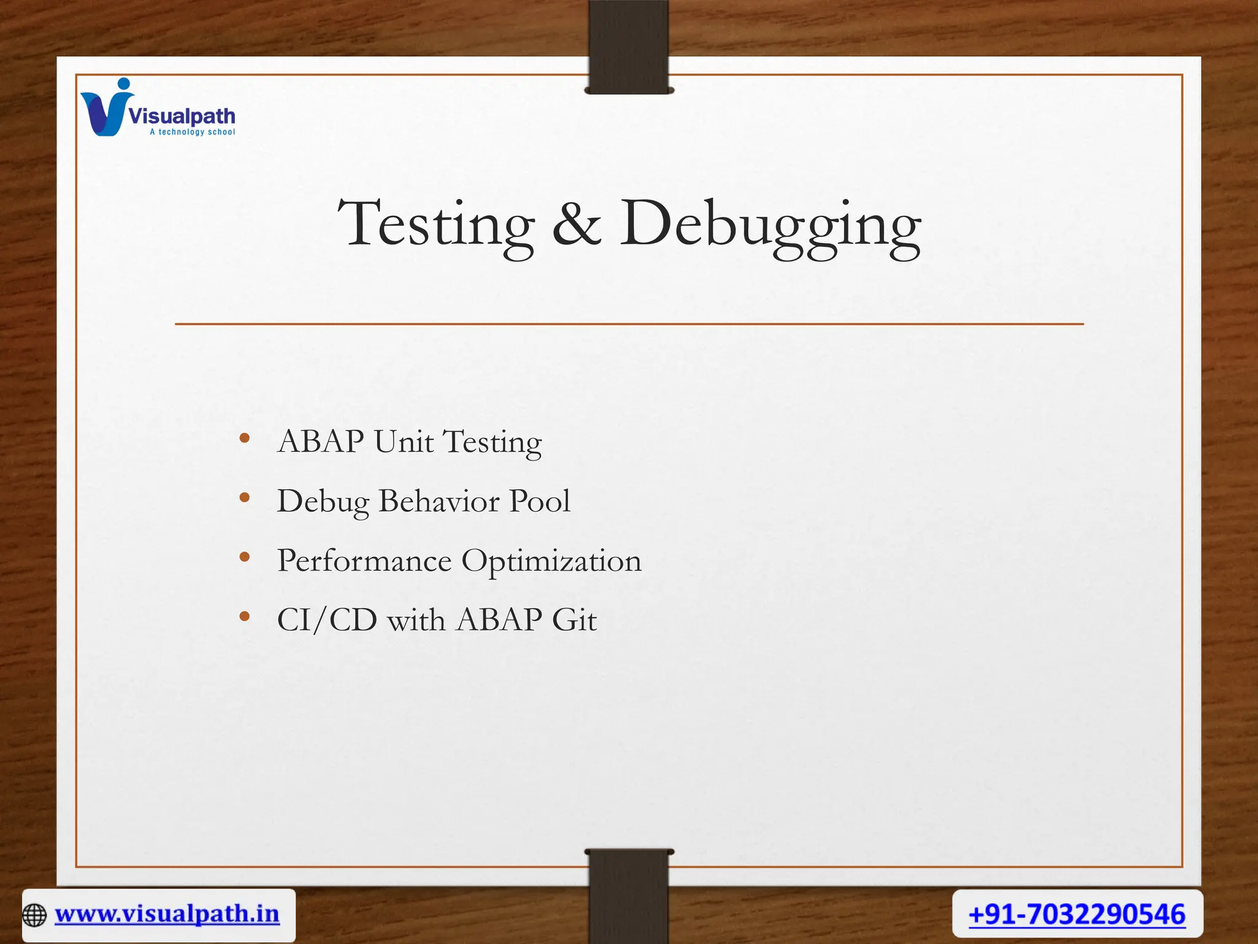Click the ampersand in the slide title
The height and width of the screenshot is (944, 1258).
[576, 225]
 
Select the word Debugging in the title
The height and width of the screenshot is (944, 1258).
[770, 225]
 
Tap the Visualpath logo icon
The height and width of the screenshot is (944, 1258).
[106, 109]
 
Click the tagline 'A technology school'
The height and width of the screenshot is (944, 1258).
[192, 132]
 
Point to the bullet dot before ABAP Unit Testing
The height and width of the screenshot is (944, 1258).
[244, 438]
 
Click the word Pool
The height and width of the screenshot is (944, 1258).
[540, 501]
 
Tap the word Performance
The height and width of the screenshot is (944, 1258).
[364, 560]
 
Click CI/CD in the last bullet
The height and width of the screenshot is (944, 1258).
[327, 619]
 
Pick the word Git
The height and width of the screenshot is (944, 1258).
[574, 619]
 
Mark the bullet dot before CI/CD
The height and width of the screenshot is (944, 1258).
[244, 616]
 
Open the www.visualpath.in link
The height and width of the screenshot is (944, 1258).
[167, 914]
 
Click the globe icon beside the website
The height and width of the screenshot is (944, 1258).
[34, 915]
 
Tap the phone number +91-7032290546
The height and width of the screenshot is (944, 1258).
[1077, 914]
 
